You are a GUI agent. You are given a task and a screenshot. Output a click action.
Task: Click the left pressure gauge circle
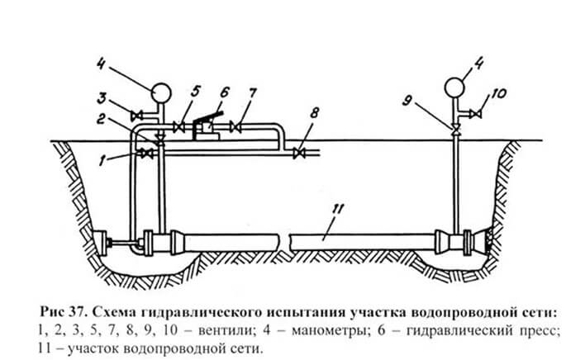[x=161, y=92]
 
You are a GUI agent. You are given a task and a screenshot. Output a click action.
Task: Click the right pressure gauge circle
[x=454, y=87]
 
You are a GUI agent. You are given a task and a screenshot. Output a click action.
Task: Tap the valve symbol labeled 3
[x=135, y=116]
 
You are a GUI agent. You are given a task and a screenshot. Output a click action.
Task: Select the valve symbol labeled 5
[x=179, y=127]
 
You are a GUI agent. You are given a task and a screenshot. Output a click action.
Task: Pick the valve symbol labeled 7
[x=235, y=127]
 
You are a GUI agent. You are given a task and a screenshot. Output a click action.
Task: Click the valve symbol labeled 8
[x=299, y=153]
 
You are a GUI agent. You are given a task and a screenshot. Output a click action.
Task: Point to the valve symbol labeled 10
[x=476, y=113]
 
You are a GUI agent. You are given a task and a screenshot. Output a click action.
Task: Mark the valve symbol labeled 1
[x=146, y=154]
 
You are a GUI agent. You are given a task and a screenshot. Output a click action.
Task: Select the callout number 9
[x=407, y=102]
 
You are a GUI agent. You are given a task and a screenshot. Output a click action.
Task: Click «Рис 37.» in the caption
[x=64, y=311]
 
